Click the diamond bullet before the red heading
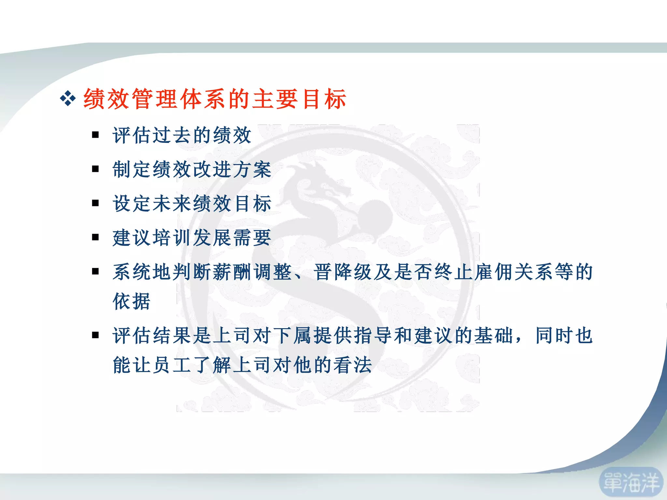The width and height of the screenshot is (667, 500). (x=68, y=99)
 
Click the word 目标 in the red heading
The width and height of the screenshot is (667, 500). (x=324, y=99)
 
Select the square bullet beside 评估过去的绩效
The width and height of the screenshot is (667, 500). (x=95, y=135)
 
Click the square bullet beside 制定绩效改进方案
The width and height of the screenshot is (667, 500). (x=95, y=169)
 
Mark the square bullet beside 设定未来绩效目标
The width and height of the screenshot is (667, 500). (x=95, y=203)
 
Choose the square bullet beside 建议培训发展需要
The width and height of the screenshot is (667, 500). (x=95, y=237)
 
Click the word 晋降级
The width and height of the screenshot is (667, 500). (x=343, y=272)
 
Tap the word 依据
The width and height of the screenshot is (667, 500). (x=132, y=301)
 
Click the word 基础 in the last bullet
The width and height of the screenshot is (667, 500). (x=493, y=335)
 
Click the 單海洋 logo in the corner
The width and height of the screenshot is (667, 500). (x=631, y=482)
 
